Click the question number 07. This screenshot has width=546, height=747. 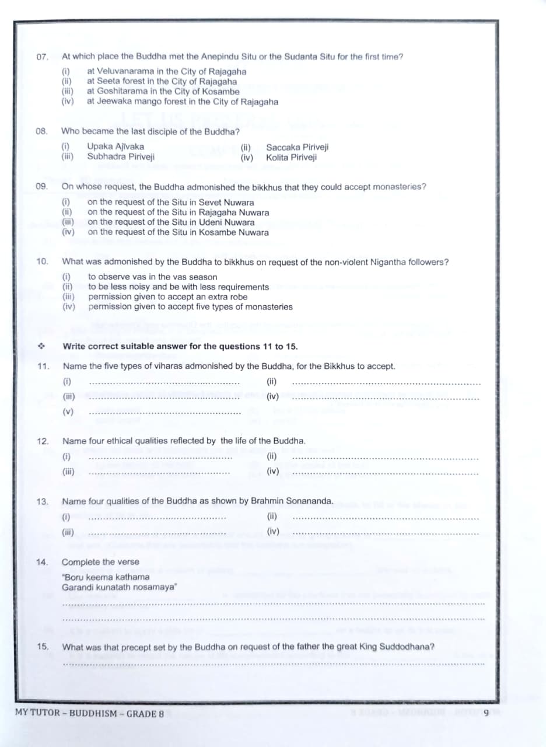(41, 57)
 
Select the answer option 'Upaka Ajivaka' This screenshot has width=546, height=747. (116, 146)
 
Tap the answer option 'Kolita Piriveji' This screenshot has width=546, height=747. (291, 157)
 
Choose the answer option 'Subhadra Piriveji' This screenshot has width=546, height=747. (121, 156)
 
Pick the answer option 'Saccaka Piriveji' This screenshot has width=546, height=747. (297, 147)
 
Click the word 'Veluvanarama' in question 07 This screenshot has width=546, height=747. (125, 71)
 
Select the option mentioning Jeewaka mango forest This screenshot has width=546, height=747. (182, 101)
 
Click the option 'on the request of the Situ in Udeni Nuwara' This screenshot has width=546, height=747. (171, 222)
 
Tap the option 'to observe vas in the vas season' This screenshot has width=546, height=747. (152, 277)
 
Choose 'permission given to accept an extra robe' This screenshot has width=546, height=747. (167, 296)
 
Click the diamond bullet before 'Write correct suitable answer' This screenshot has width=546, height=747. (41, 346)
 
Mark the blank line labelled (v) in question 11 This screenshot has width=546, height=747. (164, 413)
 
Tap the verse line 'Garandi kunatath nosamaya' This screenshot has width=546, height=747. (120, 587)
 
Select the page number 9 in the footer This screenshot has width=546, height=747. (485, 713)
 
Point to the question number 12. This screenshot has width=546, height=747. (42, 441)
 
